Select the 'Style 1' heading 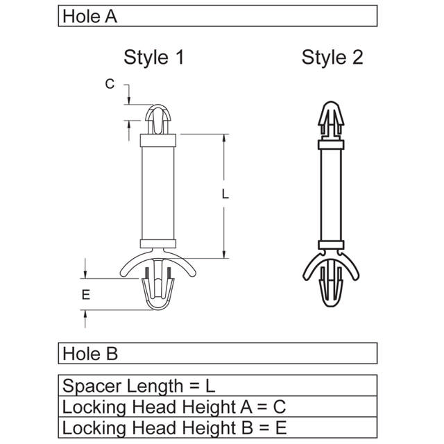pos(154,58)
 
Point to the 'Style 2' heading pos(332,58)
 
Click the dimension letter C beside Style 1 pos(109,84)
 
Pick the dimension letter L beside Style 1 pos(225,196)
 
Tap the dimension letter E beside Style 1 pos(85,295)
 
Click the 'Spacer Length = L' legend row pos(139,386)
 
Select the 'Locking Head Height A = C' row pos(173,407)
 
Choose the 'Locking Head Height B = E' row pos(173,427)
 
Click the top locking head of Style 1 pos(159,119)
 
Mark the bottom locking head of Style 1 pos(159,291)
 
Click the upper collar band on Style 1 pos(159,142)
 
